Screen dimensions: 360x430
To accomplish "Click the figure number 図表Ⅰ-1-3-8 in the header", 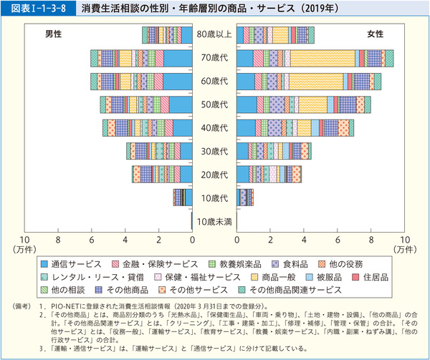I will [35, 9].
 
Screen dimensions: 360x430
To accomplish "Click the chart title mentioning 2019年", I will [188, 9].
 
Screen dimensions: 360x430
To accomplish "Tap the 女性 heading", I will [374, 34].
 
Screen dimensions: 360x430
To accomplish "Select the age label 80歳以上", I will [214, 34].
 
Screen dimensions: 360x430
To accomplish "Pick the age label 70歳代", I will [214, 58].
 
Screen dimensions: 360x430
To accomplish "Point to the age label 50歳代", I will [214, 104].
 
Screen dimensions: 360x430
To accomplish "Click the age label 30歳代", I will [214, 151].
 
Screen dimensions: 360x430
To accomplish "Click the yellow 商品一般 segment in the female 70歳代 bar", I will [322, 59].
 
